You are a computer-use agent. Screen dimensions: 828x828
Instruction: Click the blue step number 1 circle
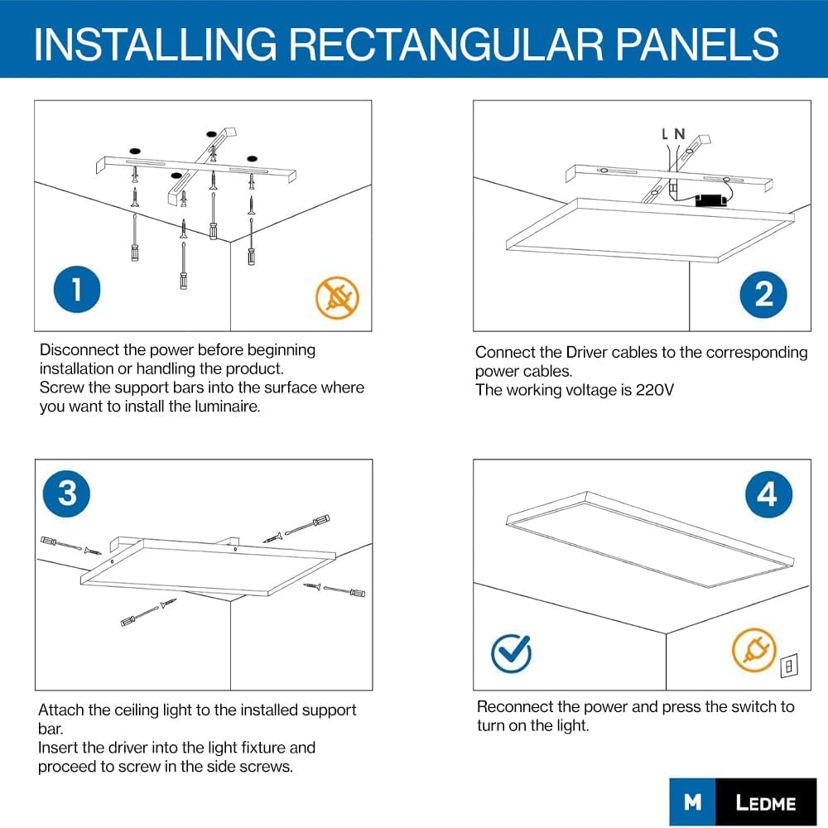[x=77, y=290]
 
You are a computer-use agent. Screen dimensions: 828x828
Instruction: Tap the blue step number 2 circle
[x=763, y=295]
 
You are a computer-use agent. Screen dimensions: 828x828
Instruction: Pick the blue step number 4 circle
[x=767, y=494]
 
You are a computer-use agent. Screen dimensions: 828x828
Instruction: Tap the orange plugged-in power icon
[x=753, y=649]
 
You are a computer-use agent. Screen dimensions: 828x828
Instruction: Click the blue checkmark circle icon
[x=511, y=653]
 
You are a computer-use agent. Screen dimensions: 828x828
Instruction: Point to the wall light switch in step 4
[x=789, y=664]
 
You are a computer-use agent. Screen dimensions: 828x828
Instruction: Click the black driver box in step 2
[x=709, y=200]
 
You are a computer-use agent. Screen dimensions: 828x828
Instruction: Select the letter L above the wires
[x=665, y=133]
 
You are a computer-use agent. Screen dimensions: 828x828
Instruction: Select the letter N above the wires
[x=680, y=133]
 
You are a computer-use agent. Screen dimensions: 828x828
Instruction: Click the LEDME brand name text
[x=765, y=802]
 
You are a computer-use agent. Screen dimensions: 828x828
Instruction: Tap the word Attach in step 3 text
[x=60, y=710]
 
